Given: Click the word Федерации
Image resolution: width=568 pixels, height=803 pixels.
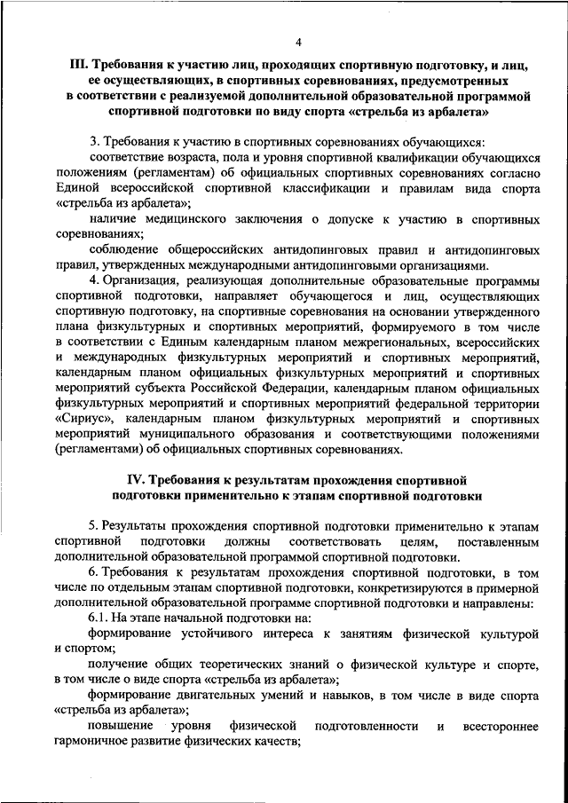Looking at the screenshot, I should pyautogui.click(x=296, y=387).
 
